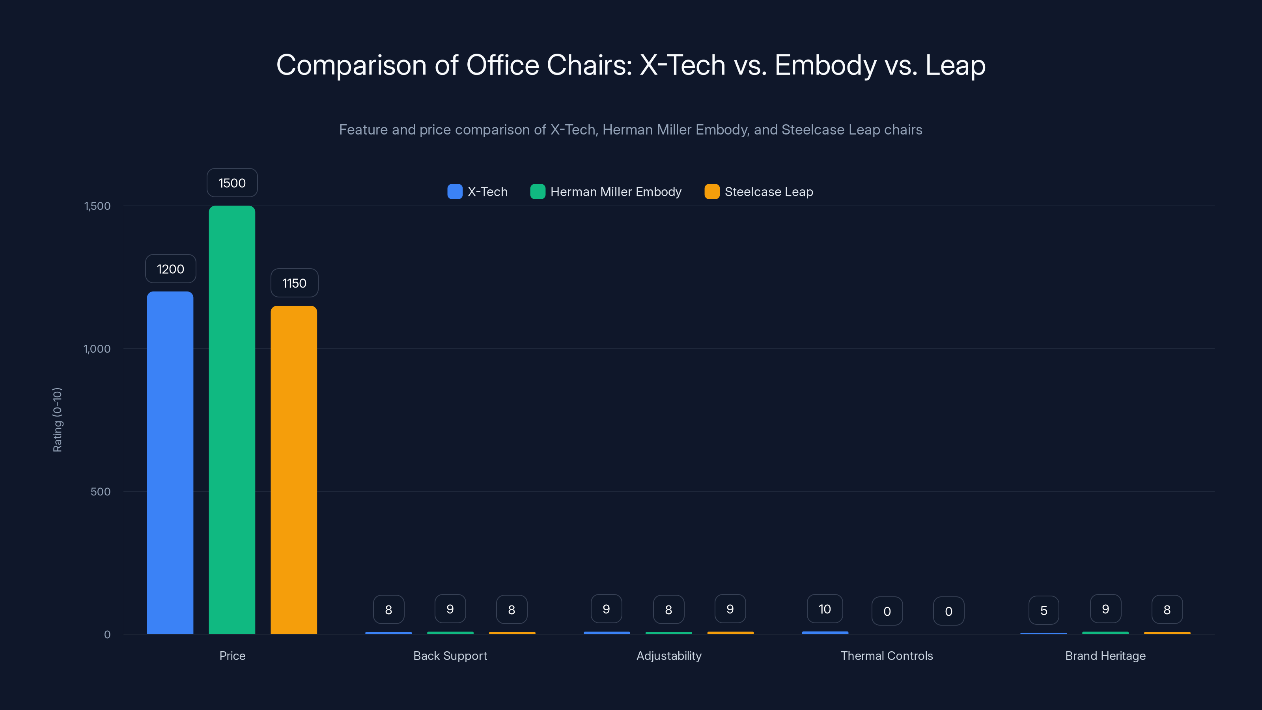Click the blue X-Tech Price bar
click(x=170, y=463)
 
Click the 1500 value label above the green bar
click(x=232, y=183)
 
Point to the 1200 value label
click(x=170, y=269)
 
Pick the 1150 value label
click(x=294, y=283)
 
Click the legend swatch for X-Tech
click(x=455, y=192)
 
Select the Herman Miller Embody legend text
click(x=615, y=192)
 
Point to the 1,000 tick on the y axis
click(x=97, y=349)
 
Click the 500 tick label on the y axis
click(x=101, y=491)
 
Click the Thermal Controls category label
click(x=886, y=656)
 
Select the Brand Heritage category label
click(x=1105, y=656)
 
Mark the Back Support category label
click(x=450, y=656)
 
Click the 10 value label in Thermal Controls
click(x=825, y=609)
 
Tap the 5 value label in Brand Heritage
click(x=1044, y=611)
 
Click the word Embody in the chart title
click(x=825, y=65)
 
